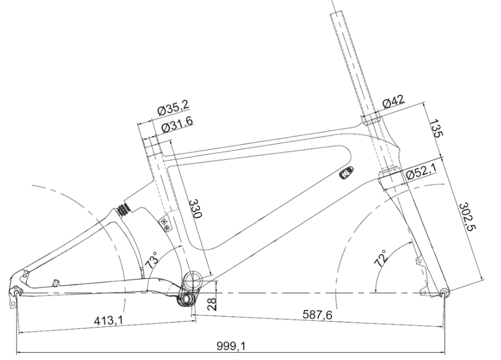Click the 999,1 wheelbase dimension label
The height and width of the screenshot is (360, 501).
coord(231,346)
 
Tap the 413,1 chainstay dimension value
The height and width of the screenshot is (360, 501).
coord(108,320)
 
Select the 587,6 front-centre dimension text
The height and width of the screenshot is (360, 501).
coord(317,315)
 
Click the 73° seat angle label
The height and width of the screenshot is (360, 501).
coord(152,260)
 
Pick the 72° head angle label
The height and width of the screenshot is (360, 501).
coord(380,258)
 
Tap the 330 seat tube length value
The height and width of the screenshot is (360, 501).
coord(195,209)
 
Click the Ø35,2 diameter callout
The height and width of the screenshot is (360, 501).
coord(173,108)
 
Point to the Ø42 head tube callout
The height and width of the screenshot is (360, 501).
coord(393,101)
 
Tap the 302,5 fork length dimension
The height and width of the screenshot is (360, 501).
coord(467,217)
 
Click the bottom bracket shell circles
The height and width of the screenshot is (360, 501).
coord(187,299)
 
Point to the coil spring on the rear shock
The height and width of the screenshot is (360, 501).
coord(123,209)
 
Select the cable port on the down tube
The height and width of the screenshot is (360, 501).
coord(346,173)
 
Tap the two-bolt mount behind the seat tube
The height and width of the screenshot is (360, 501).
coord(165,223)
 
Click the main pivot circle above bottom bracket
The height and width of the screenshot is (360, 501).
coord(192,281)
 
